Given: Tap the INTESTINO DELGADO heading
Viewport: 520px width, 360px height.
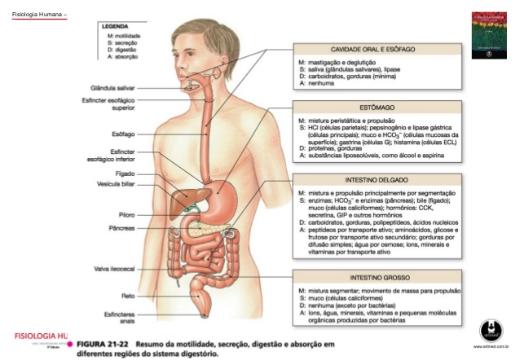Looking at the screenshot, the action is [x=378, y=178].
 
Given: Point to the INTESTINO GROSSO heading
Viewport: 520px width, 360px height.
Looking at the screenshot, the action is [x=378, y=277].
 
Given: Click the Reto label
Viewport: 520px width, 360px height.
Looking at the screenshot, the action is [x=128, y=296].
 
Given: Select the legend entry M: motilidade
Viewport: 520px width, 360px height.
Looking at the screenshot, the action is [x=122, y=37].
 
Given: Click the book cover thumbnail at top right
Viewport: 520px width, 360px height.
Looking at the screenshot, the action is [x=483, y=36].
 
